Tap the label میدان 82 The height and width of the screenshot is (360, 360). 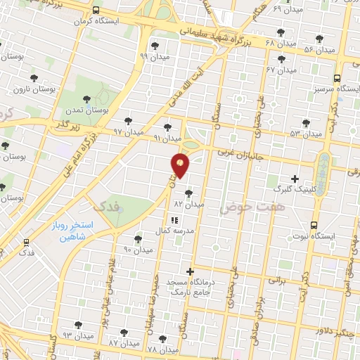188,203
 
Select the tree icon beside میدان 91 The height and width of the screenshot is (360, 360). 167,127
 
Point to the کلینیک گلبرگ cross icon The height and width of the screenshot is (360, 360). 294,178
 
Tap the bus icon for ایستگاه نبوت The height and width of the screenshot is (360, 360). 314,225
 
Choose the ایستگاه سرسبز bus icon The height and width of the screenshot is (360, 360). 337,79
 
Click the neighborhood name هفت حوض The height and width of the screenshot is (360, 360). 244,207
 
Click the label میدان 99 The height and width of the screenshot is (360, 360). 153,56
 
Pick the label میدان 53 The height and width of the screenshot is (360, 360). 304,133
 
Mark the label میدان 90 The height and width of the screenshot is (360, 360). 137,250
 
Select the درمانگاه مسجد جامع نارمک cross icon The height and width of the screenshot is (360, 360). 190,271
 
